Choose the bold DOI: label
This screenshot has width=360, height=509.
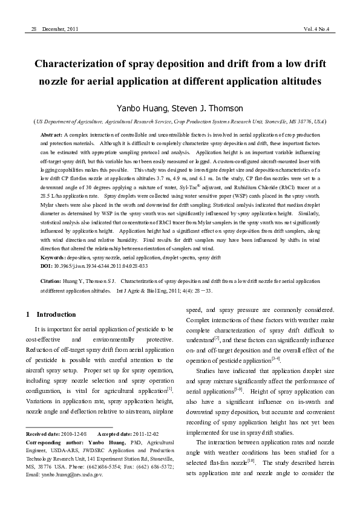47,265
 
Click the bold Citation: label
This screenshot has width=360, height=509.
53,282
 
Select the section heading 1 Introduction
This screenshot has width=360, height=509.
51,315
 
